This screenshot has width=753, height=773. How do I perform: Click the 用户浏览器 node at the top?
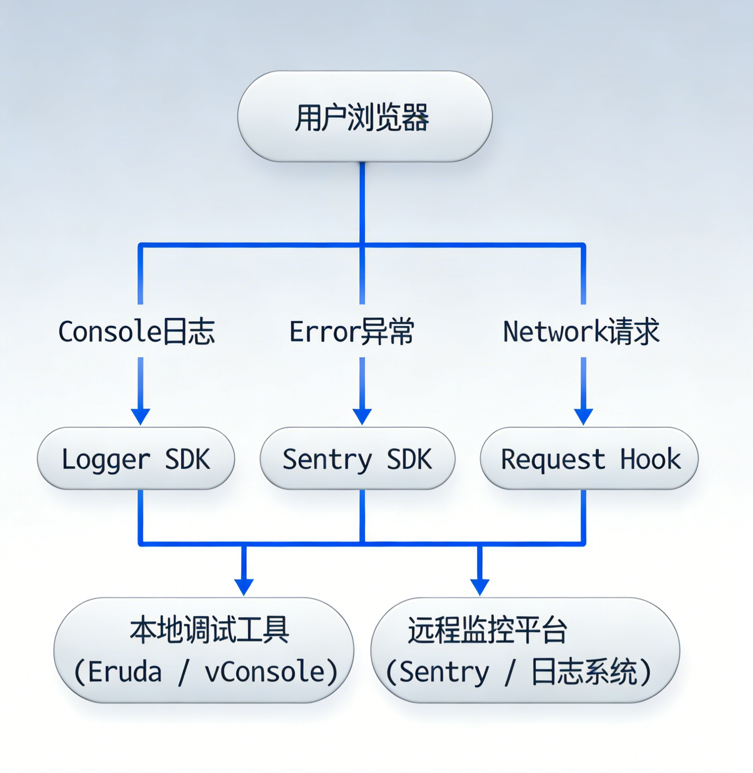tap(364, 117)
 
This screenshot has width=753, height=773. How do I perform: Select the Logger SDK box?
tap(136, 459)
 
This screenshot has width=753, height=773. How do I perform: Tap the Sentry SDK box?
tap(357, 459)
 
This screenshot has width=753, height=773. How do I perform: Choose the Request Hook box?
tap(589, 459)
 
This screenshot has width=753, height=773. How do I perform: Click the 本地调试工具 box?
tap(204, 650)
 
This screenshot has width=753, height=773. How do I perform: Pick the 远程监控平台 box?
tap(525, 650)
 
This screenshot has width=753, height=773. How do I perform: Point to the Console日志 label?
tap(137, 332)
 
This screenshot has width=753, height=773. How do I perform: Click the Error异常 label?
tap(352, 332)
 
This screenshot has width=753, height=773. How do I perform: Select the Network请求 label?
tap(581, 332)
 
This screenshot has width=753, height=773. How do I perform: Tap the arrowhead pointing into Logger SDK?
tap(141, 416)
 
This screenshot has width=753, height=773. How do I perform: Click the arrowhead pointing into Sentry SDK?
tap(362, 416)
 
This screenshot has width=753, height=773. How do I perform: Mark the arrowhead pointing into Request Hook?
tap(583, 416)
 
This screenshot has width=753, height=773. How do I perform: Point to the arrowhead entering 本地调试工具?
tap(244, 586)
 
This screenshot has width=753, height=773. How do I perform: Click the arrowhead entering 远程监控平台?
tap(480, 586)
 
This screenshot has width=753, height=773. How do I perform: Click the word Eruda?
tap(125, 672)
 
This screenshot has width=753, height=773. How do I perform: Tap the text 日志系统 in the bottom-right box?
tap(584, 672)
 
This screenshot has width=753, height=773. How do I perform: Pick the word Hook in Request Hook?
tap(650, 459)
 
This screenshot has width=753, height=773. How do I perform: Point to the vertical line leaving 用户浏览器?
tap(362, 203)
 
